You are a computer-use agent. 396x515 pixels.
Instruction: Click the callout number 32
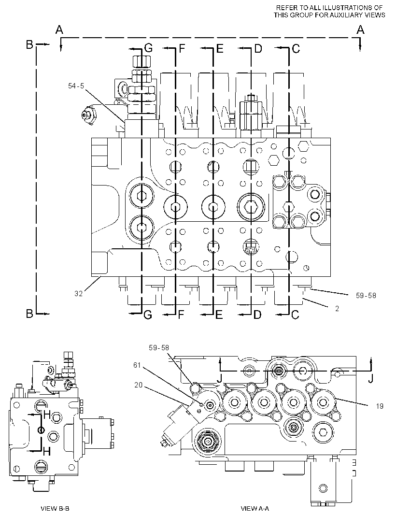[79, 293]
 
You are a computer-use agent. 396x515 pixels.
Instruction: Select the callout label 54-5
[76, 86]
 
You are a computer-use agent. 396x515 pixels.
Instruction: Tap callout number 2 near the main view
[337, 309]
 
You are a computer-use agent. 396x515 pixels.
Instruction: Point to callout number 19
[380, 406]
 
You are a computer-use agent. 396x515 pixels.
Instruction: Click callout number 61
[137, 365]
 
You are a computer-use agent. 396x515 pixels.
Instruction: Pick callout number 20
[139, 385]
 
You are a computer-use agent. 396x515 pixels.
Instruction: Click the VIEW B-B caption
[55, 508]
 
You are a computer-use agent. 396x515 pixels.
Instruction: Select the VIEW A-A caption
[255, 508]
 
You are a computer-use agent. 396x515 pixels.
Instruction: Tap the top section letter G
[148, 49]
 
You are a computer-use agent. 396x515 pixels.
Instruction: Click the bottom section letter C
[295, 315]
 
